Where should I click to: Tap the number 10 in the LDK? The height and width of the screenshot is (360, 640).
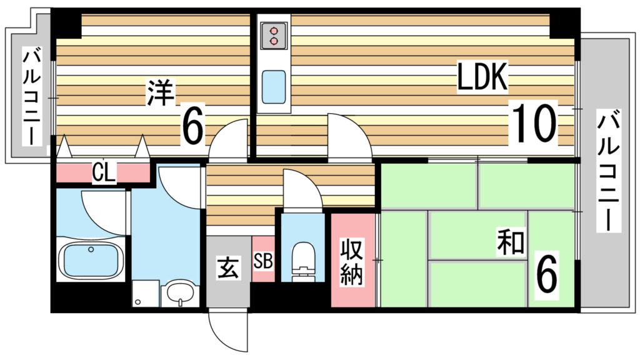click(534, 123)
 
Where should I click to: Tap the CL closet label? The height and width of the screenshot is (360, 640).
click(104, 172)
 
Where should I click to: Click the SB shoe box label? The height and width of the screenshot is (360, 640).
click(263, 260)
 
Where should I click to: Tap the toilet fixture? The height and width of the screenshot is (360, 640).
click(303, 261)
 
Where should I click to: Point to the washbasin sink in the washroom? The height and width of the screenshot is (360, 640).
click(181, 293)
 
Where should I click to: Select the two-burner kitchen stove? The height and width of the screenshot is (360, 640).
click(274, 35)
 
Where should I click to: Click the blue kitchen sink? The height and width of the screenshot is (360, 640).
click(273, 87)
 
